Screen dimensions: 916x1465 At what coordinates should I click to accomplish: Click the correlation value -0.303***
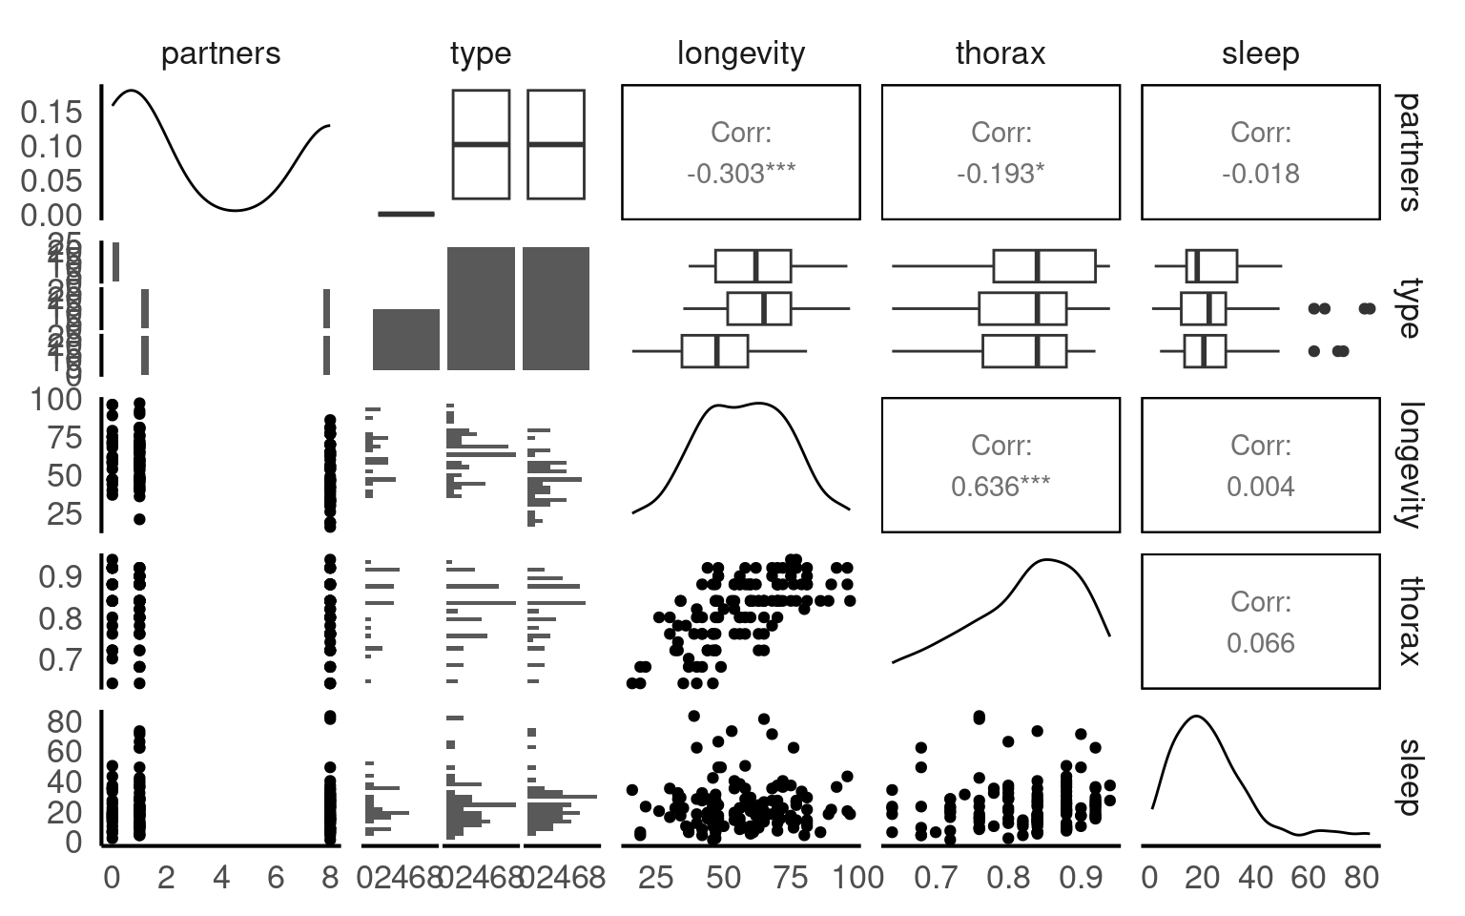(x=740, y=174)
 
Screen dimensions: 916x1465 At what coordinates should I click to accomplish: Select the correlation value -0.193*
(x=1000, y=174)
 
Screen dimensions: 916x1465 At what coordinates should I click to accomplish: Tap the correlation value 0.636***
(x=1000, y=487)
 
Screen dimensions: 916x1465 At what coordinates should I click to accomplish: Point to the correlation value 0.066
(x=1260, y=643)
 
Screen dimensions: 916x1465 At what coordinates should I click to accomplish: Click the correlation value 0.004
(x=1260, y=487)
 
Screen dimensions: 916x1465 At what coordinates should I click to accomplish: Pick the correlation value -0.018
(x=1260, y=174)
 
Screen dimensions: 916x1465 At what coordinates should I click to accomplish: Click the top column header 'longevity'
(x=740, y=53)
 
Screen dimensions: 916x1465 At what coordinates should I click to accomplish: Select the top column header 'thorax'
(x=1000, y=53)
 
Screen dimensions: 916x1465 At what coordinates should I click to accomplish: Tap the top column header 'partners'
(x=220, y=53)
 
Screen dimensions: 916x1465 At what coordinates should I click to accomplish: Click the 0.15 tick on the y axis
(x=52, y=113)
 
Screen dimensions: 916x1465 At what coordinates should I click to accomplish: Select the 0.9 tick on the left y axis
(x=59, y=576)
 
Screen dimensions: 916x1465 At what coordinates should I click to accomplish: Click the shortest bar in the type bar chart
(x=405, y=339)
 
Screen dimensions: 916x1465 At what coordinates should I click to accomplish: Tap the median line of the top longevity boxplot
(x=755, y=266)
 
